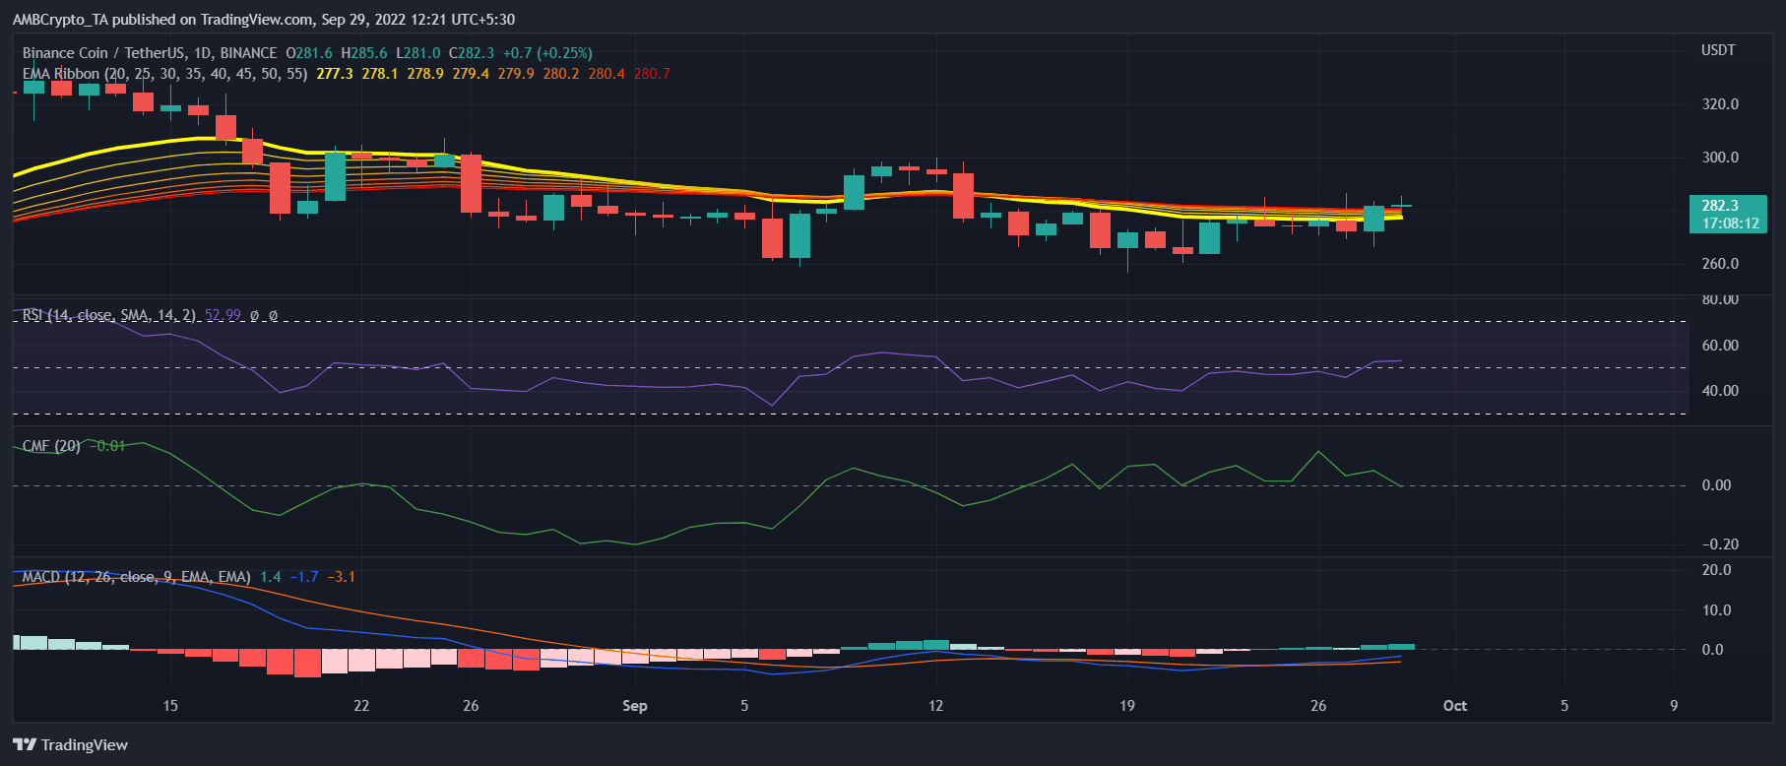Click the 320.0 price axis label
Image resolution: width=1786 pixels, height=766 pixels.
[1720, 104]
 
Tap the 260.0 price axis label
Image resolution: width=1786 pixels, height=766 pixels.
[1720, 264]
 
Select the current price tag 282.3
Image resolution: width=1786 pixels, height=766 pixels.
[1720, 206]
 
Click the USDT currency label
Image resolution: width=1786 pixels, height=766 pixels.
[1718, 50]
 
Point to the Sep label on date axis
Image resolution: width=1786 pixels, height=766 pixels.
[635, 706]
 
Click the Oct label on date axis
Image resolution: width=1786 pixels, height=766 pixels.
[1454, 706]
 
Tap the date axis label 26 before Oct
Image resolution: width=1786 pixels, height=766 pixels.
[1318, 706]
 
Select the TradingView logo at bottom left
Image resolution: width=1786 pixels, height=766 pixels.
[71, 745]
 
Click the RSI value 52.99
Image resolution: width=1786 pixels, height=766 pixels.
[223, 316]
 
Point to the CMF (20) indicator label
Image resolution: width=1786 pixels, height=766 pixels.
[51, 446]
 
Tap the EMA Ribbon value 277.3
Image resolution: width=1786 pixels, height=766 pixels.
[335, 74]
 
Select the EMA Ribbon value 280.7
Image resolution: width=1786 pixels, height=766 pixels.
[652, 74]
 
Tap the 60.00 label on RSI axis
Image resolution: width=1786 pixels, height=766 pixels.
[1720, 346]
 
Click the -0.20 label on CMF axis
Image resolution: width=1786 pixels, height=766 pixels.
[1720, 544]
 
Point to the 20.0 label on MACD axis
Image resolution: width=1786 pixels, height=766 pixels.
[1716, 570]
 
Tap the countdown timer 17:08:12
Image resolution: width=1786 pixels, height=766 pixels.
[1730, 223]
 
